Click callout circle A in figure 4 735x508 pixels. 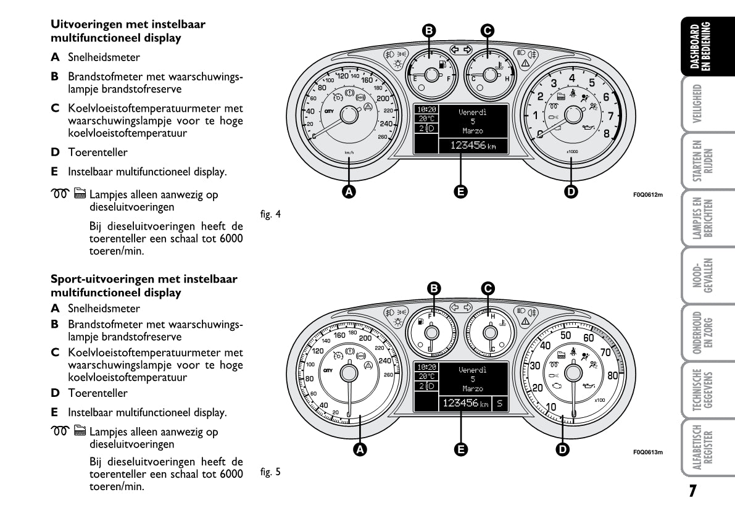349,192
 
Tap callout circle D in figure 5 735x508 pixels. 562,449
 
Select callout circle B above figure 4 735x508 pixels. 428,30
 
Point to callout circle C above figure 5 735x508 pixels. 488,288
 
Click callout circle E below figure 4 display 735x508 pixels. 460,192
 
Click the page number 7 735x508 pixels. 693,491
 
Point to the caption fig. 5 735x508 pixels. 270,472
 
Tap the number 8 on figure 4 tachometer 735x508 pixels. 606,133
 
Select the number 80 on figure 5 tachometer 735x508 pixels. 612,375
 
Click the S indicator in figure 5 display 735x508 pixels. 499,404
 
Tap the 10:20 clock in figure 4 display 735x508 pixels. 425,109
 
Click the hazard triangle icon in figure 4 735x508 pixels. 525,64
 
